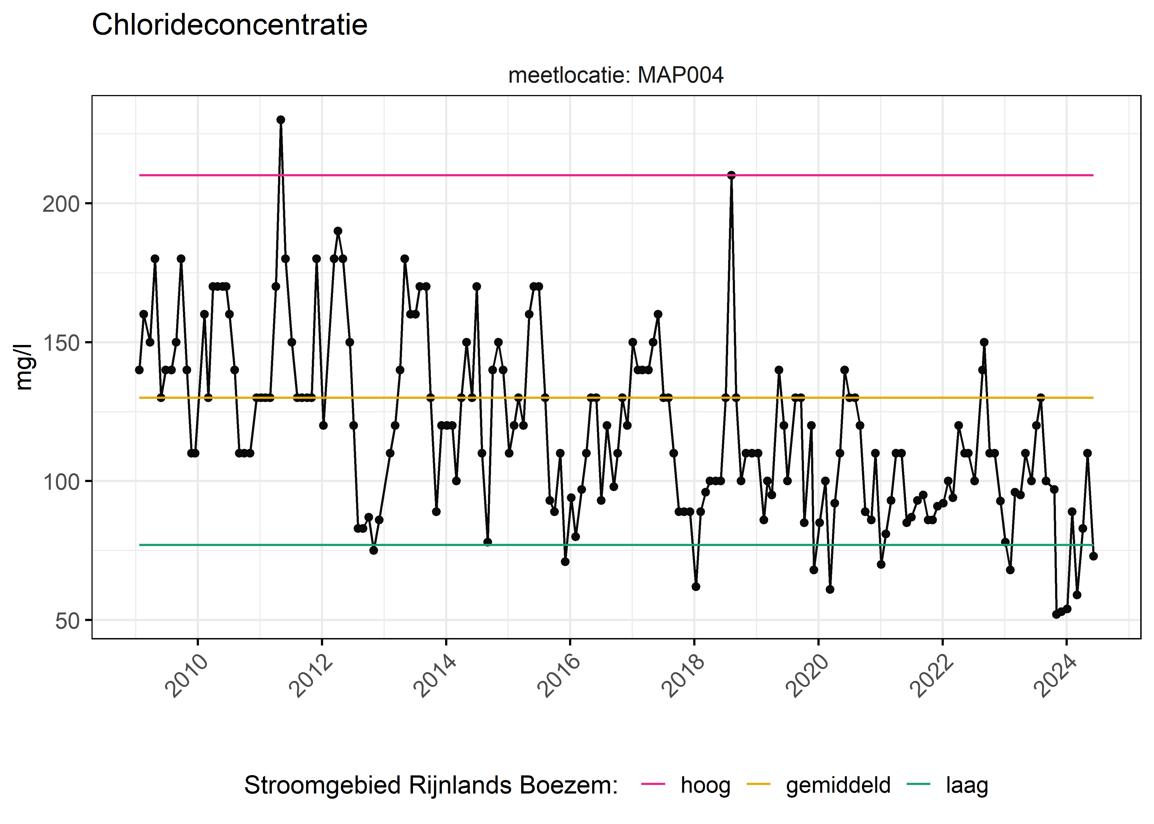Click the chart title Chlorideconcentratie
click(229, 25)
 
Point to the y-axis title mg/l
click(23, 367)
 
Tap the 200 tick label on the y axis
click(61, 204)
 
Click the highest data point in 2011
click(281, 120)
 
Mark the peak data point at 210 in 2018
click(731, 175)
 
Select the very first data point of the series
click(139, 370)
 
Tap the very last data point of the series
click(1093, 556)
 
